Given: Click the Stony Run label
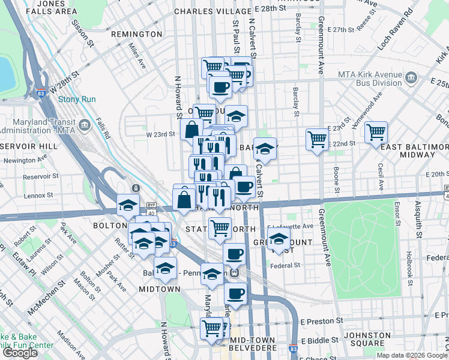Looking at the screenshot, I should coord(77,99).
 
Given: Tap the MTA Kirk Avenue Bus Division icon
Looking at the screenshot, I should coord(412,77).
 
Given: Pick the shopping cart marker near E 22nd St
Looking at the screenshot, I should coord(317,140).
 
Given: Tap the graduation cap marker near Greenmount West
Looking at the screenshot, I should coord(278,239).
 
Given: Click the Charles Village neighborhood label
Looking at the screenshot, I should coord(212,11).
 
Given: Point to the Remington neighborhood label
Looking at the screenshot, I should coord(137,34).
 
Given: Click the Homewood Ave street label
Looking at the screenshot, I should coord(368,106).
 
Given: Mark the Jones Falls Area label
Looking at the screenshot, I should coord(52,7).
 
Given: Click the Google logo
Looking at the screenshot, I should coord(19,353).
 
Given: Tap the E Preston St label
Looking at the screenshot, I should coord(322,322).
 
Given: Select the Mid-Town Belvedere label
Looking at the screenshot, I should coord(252,345).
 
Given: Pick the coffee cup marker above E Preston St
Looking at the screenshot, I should coord(235,295).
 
